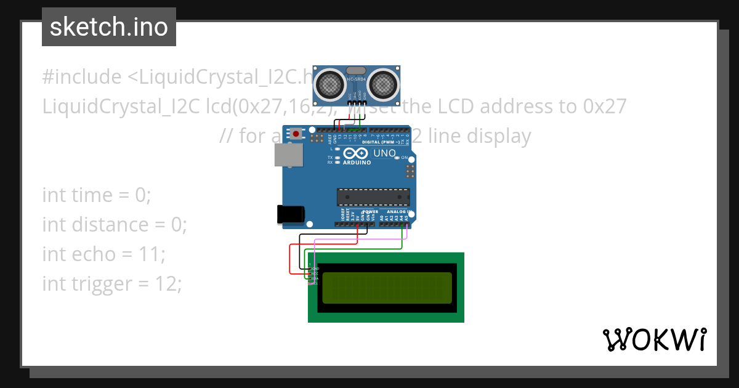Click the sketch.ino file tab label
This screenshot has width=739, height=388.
[108, 27]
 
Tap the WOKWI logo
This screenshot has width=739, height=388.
[654, 339]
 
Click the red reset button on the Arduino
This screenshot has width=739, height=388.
[296, 134]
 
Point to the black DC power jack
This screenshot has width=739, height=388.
[290, 214]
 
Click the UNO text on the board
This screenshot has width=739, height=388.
[384, 153]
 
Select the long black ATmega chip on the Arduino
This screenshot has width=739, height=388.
[373, 197]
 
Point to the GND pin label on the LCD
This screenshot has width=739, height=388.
[315, 269]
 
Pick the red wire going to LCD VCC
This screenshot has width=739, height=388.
[290, 259]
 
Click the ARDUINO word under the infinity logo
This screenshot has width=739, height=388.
[357, 163]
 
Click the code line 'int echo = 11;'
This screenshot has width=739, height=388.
[103, 254]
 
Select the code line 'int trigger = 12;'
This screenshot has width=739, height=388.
[112, 283]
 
